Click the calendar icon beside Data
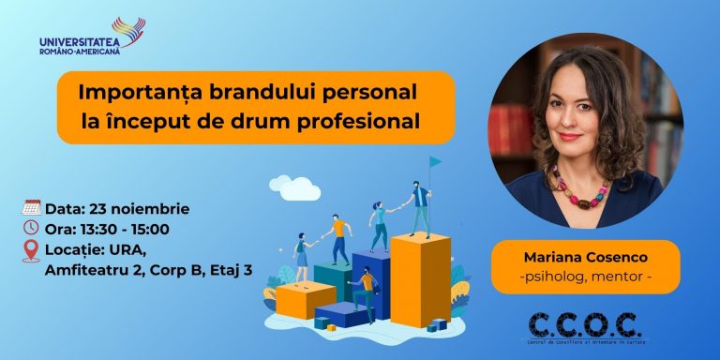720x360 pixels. coord(30,208)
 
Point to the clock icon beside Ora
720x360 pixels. coord(30,229)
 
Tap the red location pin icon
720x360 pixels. coord(31,250)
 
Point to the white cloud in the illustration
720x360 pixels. coord(293,186)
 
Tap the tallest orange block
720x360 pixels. coord(420,281)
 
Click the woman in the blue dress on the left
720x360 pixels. coord(302,256)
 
